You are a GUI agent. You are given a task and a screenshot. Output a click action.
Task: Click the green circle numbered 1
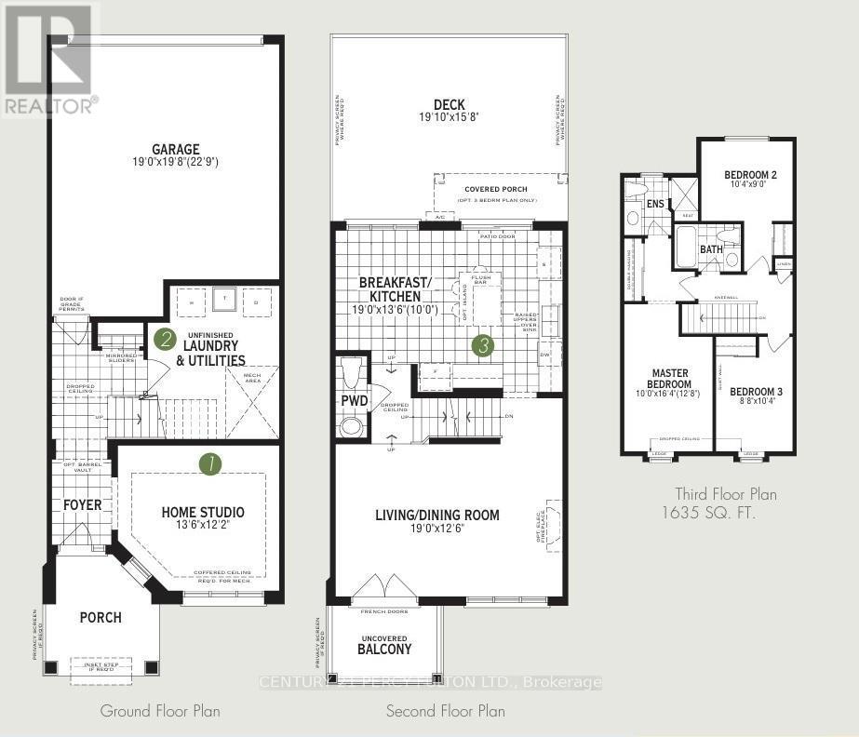click(211, 463)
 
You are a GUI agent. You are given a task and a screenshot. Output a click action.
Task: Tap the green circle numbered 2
click(166, 339)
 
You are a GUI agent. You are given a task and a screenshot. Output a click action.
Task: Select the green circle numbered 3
click(482, 346)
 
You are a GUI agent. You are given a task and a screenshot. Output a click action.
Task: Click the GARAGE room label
click(177, 149)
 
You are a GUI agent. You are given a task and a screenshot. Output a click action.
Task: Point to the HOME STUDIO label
click(203, 512)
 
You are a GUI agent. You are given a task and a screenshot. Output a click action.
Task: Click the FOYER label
click(82, 504)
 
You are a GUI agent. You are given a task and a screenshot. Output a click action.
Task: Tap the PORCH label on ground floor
click(100, 617)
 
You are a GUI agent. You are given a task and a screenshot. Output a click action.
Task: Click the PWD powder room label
click(354, 402)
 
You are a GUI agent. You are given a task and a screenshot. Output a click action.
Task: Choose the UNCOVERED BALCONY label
click(384, 643)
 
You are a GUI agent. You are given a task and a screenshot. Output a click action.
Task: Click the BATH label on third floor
click(711, 249)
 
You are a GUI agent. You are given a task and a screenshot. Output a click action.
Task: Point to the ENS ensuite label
click(655, 204)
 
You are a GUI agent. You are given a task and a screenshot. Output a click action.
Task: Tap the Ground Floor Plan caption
click(160, 711)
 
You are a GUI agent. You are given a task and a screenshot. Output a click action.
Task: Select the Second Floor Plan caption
click(446, 711)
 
